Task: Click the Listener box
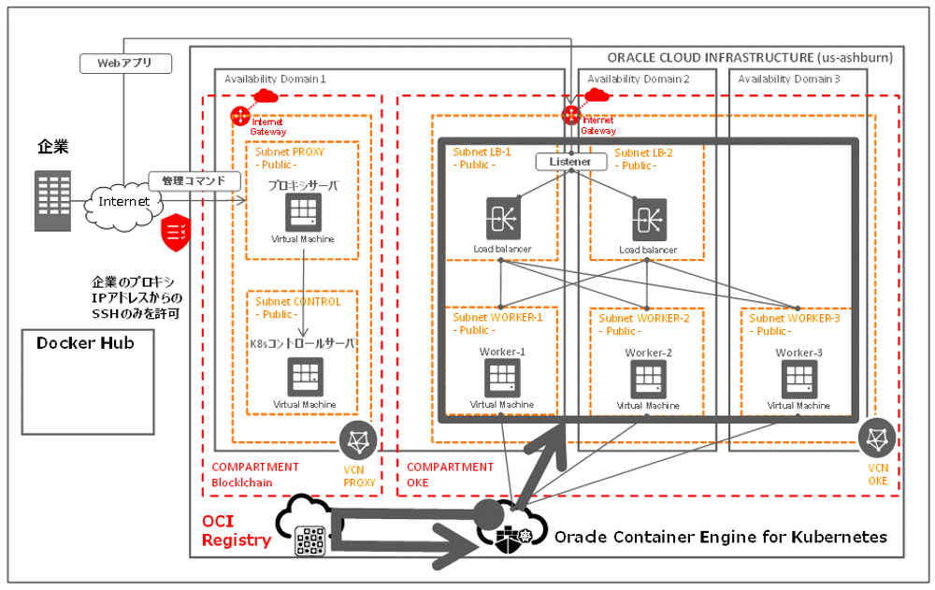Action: click(570, 162)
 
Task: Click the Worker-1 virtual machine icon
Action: click(502, 377)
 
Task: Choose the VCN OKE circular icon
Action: click(877, 438)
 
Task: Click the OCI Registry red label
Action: click(237, 530)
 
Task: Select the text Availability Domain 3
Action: click(788, 79)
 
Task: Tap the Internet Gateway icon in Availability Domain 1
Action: click(239, 117)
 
